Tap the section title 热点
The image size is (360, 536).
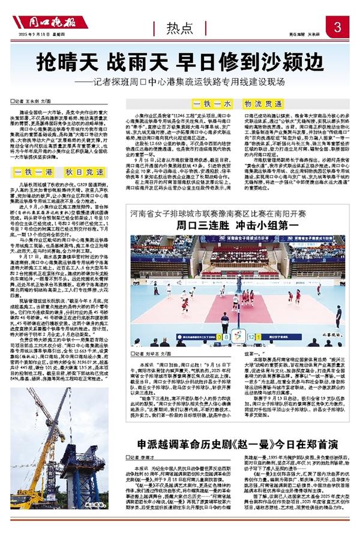pyautogui.click(x=180, y=28)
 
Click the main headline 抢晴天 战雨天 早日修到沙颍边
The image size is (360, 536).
pyautogui.click(x=179, y=62)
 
